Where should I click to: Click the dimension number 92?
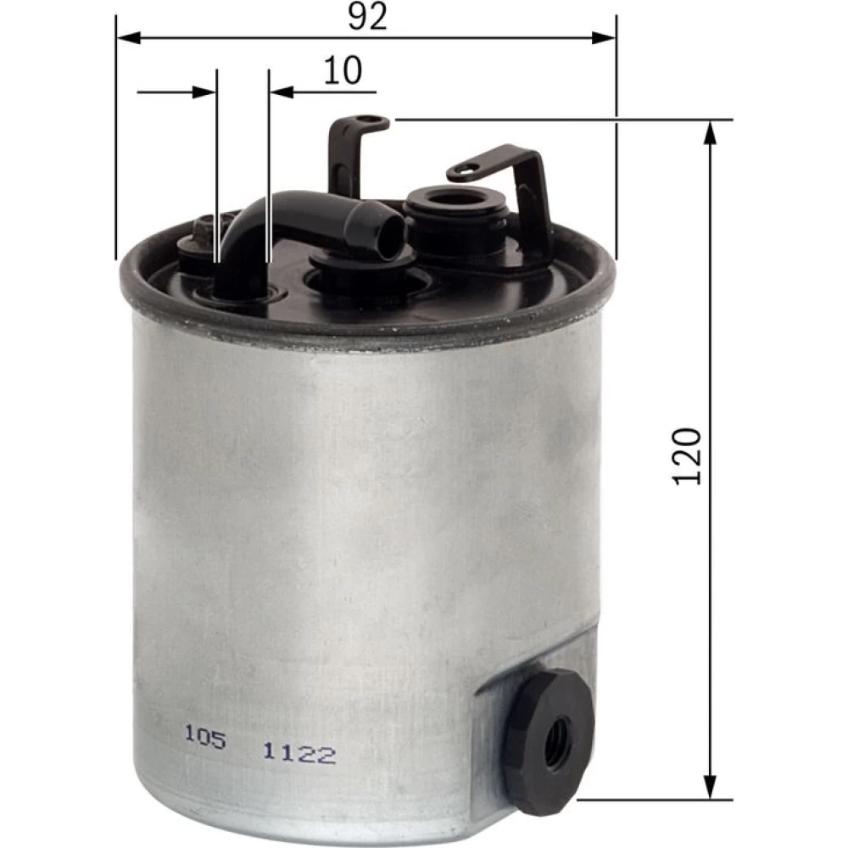coord(368,16)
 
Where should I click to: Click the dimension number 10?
coord(343,70)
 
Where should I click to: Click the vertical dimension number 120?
coord(687,456)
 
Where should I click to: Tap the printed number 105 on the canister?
coord(205,736)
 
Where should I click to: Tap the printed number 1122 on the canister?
coord(299,753)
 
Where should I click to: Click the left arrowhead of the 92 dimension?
coord(129,38)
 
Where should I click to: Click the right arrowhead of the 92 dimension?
coord(604,38)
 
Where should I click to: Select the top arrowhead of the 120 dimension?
coord(711,132)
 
